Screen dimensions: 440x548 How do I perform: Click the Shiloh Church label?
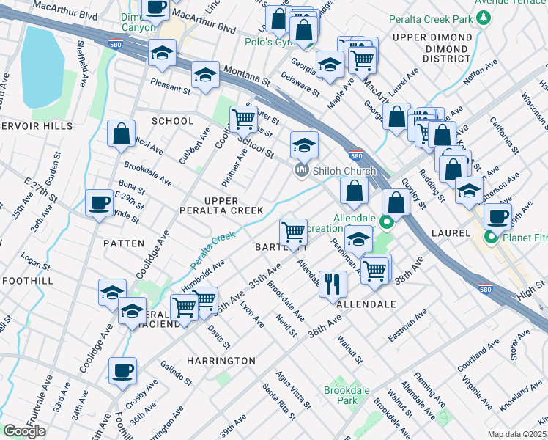pos(344,171)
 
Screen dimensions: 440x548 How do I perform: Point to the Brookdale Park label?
pos(341,396)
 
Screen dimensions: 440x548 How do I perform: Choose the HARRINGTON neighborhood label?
pos(221,361)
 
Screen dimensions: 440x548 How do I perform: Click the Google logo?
pos(24,431)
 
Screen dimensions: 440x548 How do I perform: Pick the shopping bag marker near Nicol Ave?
pos(122,134)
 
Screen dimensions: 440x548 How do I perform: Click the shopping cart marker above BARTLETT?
pos(294,232)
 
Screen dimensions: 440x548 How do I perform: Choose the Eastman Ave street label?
pos(407,325)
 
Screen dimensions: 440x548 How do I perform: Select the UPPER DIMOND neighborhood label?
pos(432,37)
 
